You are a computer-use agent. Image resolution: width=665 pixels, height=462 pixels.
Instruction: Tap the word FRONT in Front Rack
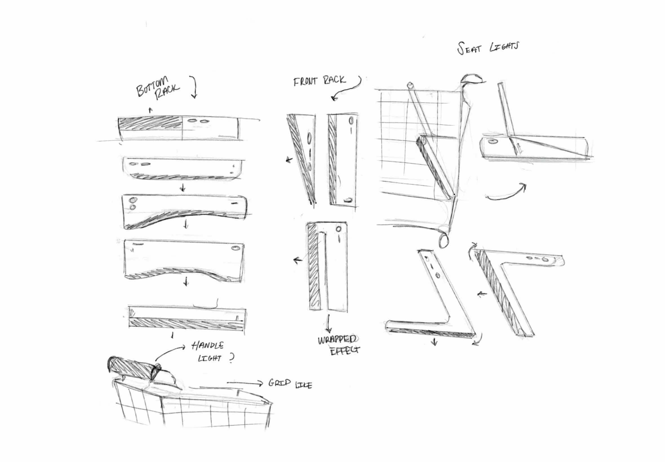click(x=305, y=81)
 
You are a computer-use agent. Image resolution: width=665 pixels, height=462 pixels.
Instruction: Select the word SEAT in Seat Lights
click(x=469, y=49)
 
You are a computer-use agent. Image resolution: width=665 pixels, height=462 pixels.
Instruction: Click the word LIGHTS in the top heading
click(x=504, y=46)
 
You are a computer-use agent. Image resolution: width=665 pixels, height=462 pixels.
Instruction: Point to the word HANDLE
click(x=208, y=345)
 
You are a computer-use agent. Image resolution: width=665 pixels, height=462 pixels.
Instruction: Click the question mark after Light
click(x=231, y=358)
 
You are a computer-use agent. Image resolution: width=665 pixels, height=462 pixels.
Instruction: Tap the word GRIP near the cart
click(x=279, y=383)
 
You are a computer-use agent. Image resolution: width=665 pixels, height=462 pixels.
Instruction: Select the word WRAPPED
click(x=337, y=339)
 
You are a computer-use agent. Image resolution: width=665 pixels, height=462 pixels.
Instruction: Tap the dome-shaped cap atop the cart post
click(x=472, y=79)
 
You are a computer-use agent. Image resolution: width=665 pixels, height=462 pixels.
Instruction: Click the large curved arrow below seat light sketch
click(x=507, y=193)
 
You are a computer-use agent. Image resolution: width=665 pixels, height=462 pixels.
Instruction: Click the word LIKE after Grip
click(x=304, y=385)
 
